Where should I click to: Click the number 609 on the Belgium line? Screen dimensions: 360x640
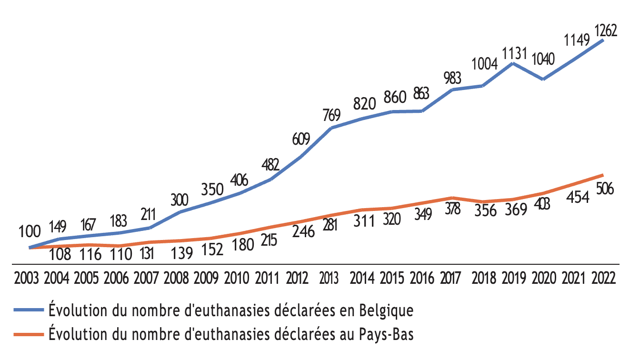tap(301, 139)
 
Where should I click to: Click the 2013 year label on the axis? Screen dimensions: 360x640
tap(330, 278)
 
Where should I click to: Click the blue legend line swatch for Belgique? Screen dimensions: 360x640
tap(30, 311)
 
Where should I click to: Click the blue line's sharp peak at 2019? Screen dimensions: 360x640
tap(513, 63)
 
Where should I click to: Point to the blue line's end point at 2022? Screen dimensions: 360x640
tap(603, 40)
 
